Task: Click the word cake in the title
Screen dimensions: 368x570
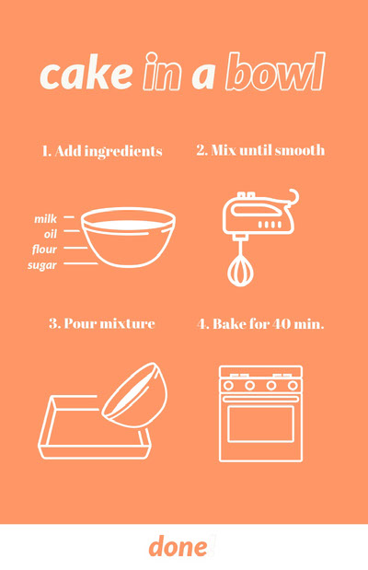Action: pos(86,75)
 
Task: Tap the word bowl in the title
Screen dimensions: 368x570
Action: pos(275,72)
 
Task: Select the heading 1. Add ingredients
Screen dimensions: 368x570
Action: pos(102,151)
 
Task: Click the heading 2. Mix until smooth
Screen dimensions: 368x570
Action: pos(260,150)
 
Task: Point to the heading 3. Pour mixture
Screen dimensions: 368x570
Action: pos(102,323)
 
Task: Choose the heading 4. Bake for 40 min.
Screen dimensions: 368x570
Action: pos(260,323)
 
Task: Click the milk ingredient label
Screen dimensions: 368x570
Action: pos(45,219)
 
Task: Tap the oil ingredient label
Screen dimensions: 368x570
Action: pos(51,234)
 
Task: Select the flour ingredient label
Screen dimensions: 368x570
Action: pos(44,249)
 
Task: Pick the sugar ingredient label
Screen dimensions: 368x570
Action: pos(42,265)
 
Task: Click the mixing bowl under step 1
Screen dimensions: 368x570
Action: pos(128,238)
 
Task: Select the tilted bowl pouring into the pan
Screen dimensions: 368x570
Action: pos(135,394)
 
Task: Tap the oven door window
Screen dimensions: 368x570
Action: pos(260,424)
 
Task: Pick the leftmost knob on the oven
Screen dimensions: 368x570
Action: pos(228,385)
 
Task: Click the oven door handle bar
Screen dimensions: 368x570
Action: pos(260,399)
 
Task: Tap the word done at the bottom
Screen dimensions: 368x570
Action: pos(178,547)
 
